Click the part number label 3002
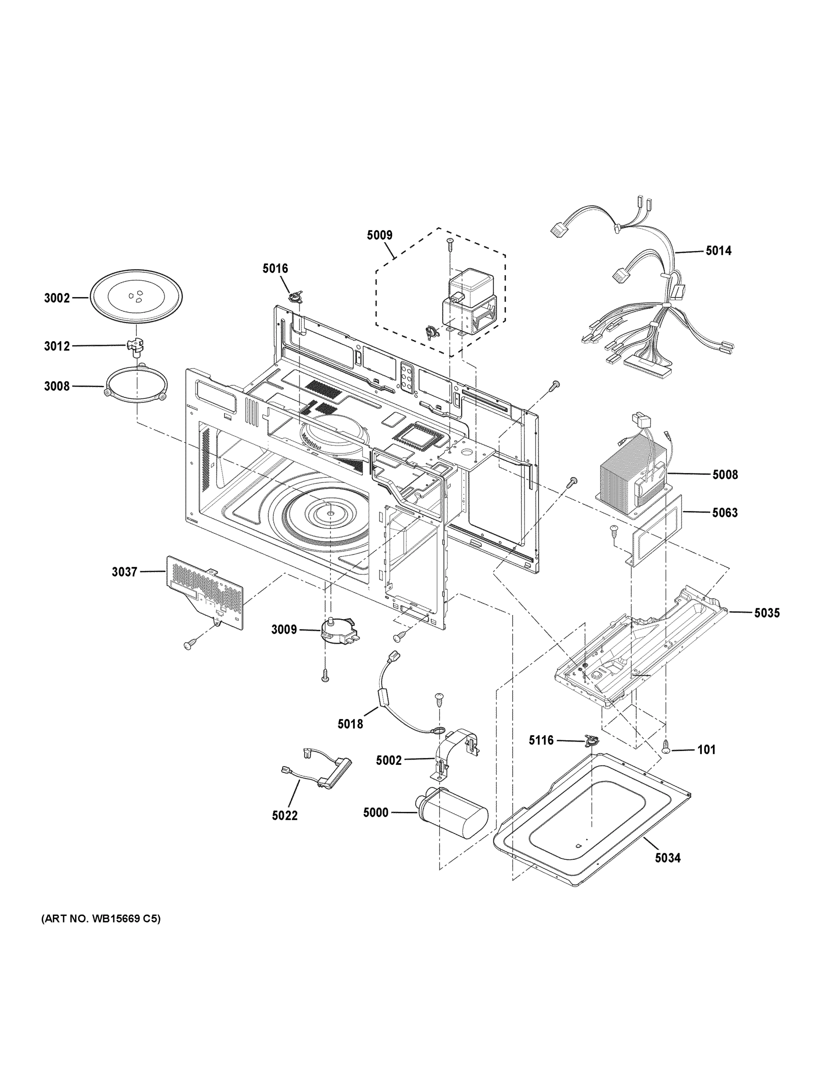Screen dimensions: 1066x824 56,298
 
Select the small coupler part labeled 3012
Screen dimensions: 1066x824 137,345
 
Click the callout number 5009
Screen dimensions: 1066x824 379,235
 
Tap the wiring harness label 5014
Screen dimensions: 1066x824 719,251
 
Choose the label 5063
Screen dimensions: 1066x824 725,513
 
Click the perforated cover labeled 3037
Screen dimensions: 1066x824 205,591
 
